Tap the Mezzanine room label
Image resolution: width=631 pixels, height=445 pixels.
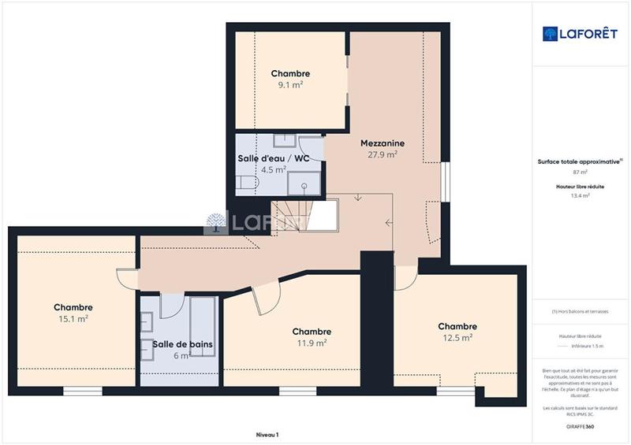[x=383, y=143]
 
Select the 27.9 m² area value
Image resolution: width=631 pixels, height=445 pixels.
[x=383, y=155]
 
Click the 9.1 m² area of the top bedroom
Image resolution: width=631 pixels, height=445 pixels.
[x=290, y=85]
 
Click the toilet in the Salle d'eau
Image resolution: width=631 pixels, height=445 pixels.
[x=247, y=184]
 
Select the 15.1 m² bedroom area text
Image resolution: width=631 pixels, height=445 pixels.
[x=73, y=319]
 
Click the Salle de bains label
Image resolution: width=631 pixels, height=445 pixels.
[x=183, y=344]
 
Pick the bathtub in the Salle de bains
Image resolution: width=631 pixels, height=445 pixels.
[x=203, y=327]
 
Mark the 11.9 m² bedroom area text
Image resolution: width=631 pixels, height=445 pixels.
[x=312, y=343]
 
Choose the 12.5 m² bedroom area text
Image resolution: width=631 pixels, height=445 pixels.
[x=457, y=338]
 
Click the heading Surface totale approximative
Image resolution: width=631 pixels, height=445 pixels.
[x=579, y=161]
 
